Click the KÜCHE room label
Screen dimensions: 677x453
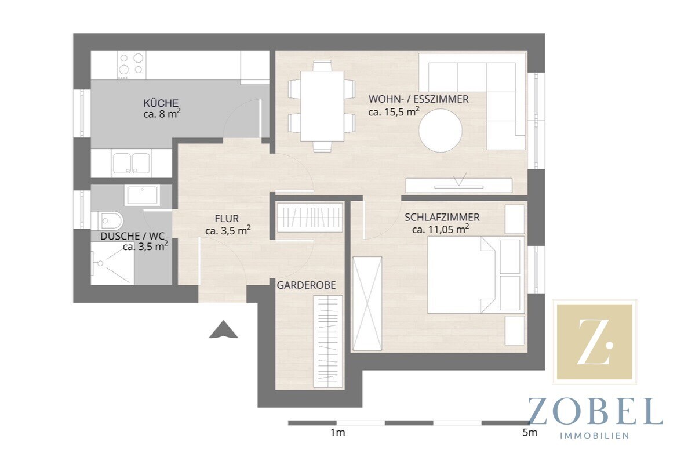click(x=161, y=103)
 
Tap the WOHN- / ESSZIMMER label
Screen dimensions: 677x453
click(x=418, y=99)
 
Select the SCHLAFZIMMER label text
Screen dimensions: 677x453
click(x=442, y=218)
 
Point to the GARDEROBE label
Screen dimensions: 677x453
click(x=306, y=285)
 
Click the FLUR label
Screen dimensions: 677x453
click(x=227, y=219)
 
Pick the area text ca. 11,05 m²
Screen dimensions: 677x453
click(x=441, y=229)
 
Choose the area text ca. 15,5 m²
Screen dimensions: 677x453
click(x=394, y=111)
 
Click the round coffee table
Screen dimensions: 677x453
click(x=441, y=131)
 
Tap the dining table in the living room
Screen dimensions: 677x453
click(x=322, y=106)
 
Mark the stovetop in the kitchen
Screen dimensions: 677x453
click(x=131, y=66)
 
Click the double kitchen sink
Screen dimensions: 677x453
click(x=131, y=164)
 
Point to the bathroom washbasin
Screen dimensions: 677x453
click(x=142, y=196)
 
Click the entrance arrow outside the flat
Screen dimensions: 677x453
click(x=223, y=330)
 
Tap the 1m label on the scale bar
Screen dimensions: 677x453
click(x=338, y=432)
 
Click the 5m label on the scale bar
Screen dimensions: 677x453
click(x=530, y=432)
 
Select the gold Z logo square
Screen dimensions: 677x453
click(x=595, y=342)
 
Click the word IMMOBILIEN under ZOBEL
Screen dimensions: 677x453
click(x=595, y=436)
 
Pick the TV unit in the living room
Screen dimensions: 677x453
click(x=459, y=185)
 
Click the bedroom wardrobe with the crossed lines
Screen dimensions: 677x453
click(x=367, y=303)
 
